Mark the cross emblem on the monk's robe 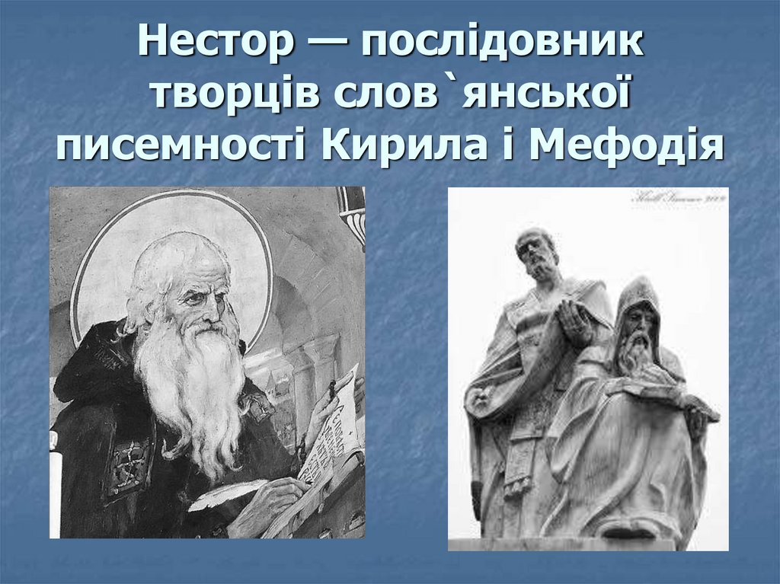[x=127, y=461]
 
